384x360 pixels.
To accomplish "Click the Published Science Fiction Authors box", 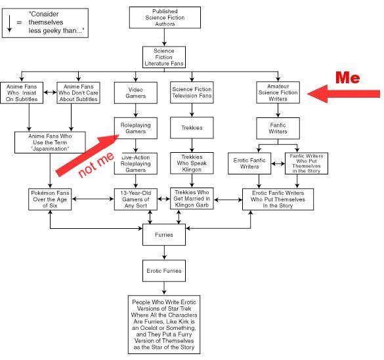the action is click(165, 17).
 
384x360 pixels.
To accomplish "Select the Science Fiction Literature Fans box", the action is click(164, 57).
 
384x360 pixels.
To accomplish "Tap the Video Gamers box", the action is click(136, 92).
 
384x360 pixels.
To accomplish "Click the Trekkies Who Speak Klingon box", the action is click(192, 163).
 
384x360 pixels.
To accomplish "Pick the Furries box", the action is click(164, 235).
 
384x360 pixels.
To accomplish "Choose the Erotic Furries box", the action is click(164, 271).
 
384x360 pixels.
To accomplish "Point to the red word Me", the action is click(347, 78).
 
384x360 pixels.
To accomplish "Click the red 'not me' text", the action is click(96, 165).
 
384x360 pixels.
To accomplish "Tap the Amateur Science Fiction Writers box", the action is click(278, 92).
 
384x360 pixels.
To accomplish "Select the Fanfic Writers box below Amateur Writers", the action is click(278, 128).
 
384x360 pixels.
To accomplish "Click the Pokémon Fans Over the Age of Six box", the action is click(50, 199).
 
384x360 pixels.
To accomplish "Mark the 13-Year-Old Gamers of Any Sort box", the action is click(136, 199).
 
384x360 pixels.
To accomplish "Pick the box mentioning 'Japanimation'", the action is click(50, 142).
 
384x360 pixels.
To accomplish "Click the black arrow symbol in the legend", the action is click(9, 24).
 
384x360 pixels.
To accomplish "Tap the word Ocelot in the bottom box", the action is click(152, 328).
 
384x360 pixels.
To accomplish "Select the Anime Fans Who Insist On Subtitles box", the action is click(22, 92).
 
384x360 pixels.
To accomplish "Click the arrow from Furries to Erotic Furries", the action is click(164, 252).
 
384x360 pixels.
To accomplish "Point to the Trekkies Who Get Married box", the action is click(192, 199).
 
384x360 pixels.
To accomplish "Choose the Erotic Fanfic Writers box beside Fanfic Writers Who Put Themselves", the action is click(249, 163).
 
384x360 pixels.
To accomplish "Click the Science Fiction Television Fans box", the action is click(192, 92).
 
